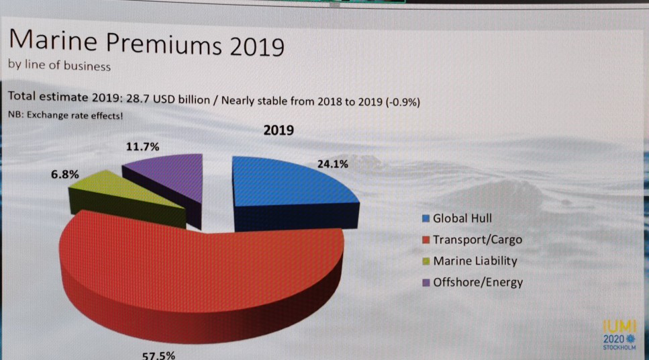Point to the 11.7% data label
tap(142, 147)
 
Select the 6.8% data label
tap(66, 174)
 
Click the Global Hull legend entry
tap(462, 218)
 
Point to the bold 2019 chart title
tap(279, 130)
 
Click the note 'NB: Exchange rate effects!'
tap(65, 116)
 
